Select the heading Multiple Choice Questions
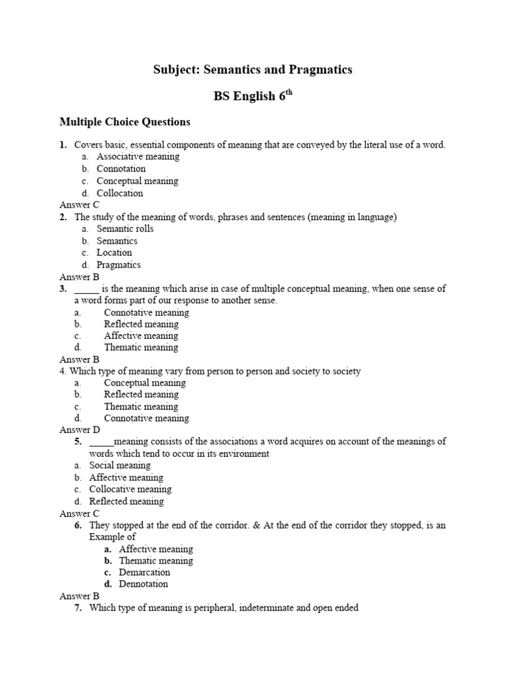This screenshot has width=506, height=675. [x=125, y=121]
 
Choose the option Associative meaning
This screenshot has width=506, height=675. [x=138, y=157]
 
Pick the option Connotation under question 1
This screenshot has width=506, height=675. [x=121, y=169]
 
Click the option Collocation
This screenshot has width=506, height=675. [x=120, y=193]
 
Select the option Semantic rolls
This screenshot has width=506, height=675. [x=125, y=229]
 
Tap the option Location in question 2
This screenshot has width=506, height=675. [x=114, y=252]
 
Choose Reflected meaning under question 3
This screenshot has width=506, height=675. [x=141, y=324]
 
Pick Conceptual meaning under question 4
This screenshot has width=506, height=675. [x=145, y=382]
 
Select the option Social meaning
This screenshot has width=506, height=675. [x=120, y=465]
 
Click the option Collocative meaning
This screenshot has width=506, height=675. [x=130, y=489]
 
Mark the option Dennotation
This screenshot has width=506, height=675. [x=144, y=584]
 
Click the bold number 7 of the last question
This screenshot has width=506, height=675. [x=78, y=608]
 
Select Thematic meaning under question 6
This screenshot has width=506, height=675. [x=156, y=560]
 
